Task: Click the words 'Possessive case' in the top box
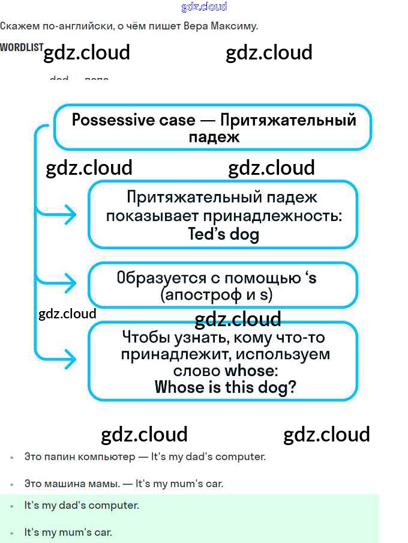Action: click(133, 120)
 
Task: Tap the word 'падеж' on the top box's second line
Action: click(214, 136)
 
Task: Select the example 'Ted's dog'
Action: click(223, 234)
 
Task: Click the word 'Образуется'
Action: click(150, 278)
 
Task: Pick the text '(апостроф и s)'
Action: click(217, 295)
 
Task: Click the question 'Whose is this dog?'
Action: click(225, 387)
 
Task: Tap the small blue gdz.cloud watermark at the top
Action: click(204, 7)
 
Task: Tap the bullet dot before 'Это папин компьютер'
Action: click(12, 457)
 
